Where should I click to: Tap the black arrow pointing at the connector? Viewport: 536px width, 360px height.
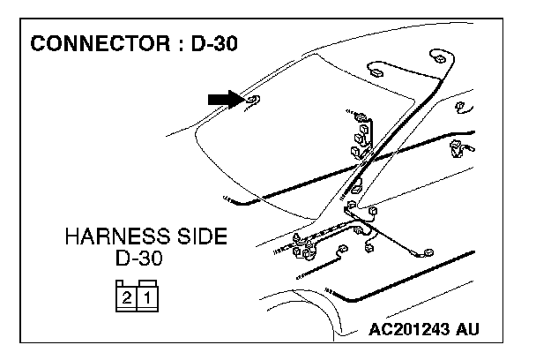point(224,99)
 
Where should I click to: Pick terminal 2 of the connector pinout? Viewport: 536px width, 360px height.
point(128,297)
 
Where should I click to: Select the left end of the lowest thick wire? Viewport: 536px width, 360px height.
point(330,290)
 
